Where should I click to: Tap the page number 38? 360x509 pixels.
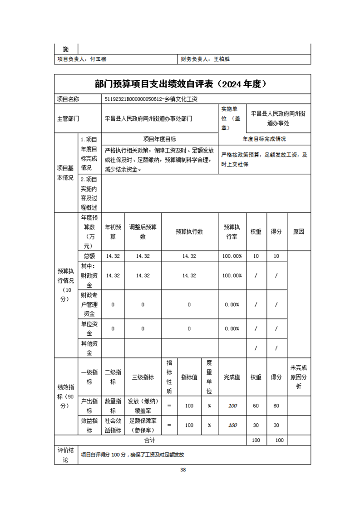[x=183, y=470]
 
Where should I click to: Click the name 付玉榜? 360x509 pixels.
[x=98, y=59]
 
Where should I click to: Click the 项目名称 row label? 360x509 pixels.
[x=68, y=99]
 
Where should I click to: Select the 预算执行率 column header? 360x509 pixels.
[x=232, y=231]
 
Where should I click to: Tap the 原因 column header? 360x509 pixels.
[x=299, y=231]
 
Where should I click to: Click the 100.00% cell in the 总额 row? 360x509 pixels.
[x=232, y=256]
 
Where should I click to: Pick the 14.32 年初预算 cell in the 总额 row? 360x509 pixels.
[x=113, y=256]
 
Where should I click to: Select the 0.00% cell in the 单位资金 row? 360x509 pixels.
[x=232, y=328]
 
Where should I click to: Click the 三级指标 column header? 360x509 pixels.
[x=143, y=377]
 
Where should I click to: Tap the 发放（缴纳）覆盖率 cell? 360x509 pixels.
[x=143, y=405]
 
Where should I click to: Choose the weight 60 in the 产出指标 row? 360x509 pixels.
[x=256, y=405]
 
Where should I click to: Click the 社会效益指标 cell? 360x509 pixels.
[x=113, y=425]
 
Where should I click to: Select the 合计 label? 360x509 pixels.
[x=150, y=440]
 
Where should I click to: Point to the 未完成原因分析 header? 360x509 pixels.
[x=299, y=377]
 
